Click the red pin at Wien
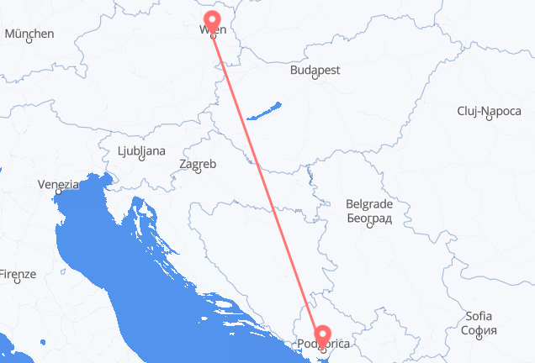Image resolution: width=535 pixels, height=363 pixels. pyautogui.click(x=212, y=19)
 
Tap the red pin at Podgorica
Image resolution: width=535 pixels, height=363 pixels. pyautogui.click(x=323, y=332)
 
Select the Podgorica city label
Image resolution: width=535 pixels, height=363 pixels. pyautogui.click(x=323, y=344)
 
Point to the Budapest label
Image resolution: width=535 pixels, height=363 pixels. pyautogui.click(x=315, y=71)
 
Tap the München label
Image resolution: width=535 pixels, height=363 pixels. pyautogui.click(x=29, y=34)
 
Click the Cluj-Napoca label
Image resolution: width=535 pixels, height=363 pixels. pyautogui.click(x=490, y=111)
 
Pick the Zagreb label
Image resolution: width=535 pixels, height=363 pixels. pyautogui.click(x=199, y=164)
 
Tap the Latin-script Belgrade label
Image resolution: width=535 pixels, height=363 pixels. pyautogui.click(x=369, y=204)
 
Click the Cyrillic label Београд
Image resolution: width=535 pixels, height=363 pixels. pyautogui.click(x=369, y=218)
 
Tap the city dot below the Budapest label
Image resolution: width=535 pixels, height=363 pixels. pyautogui.click(x=315, y=77)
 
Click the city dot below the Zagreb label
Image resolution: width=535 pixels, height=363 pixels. pyautogui.click(x=198, y=171)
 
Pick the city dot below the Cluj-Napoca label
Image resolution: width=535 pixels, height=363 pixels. pyautogui.click(x=489, y=118)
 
